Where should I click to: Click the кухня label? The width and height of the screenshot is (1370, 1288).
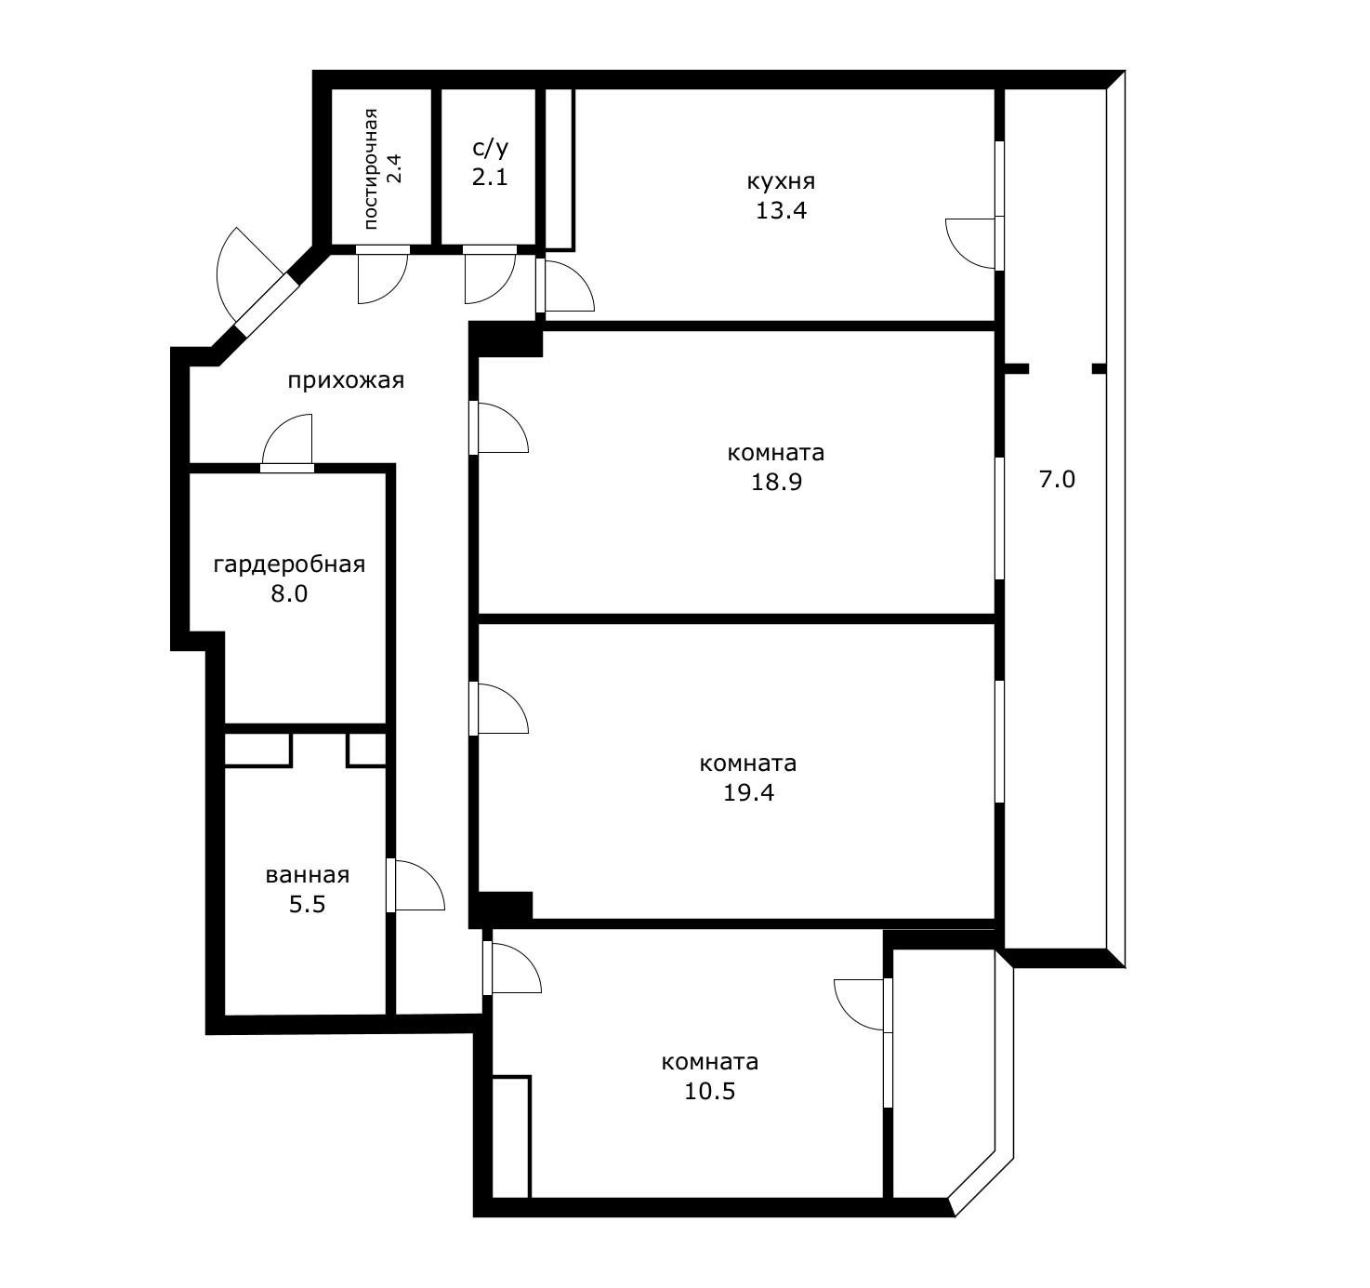780,182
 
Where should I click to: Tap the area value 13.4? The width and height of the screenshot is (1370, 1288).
780,210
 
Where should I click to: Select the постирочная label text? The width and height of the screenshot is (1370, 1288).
371,168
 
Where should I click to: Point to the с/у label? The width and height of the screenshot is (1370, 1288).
490,149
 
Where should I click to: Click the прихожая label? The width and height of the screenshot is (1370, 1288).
346,381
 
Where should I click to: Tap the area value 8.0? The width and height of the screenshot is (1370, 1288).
289,593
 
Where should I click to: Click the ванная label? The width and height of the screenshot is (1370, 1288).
307,875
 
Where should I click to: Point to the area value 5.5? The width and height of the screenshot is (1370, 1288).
307,904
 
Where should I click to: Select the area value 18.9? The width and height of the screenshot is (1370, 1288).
776,482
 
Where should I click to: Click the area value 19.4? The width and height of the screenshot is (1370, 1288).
748,792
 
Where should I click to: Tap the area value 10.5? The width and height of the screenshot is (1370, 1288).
710,1091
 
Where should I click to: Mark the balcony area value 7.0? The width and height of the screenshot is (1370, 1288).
1057,479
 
